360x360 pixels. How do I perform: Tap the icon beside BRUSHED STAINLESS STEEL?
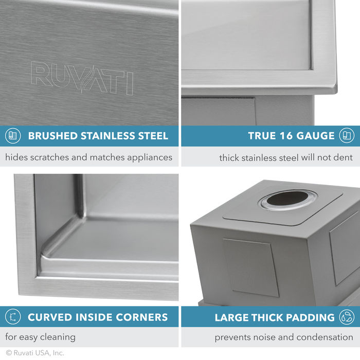(x=12, y=136)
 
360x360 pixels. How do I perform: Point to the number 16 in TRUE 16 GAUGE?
(x=283, y=136)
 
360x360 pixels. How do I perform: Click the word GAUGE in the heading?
(x=314, y=136)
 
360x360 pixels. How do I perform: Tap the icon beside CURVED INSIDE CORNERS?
(x=12, y=317)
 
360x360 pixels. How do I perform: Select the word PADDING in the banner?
(x=309, y=317)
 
